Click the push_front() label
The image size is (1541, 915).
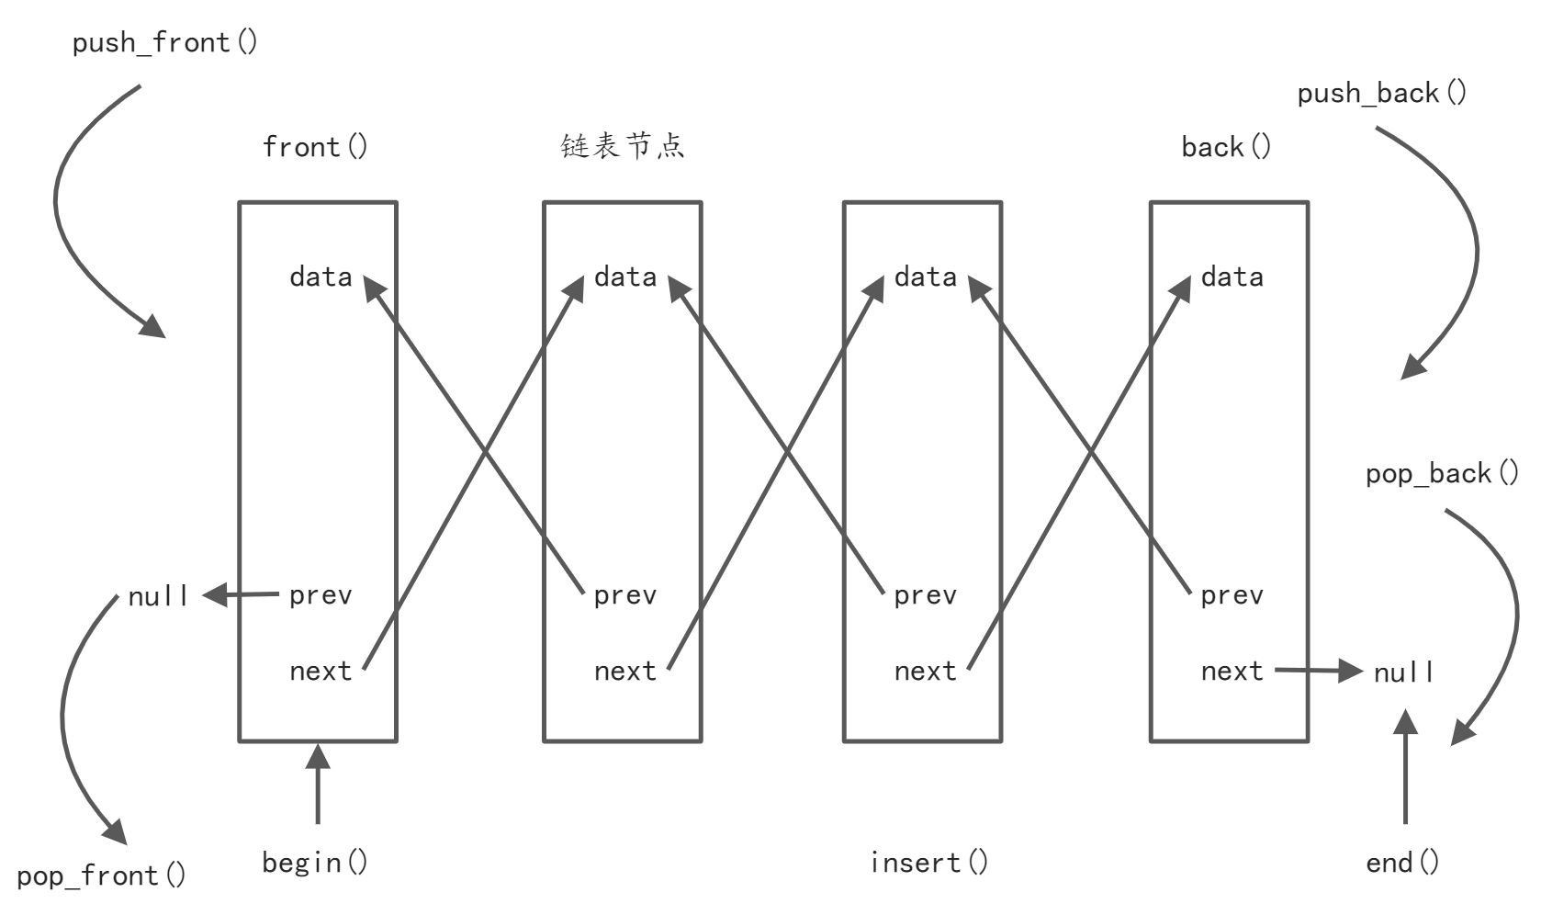[x=164, y=42]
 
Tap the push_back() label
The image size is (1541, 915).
[x=1381, y=93]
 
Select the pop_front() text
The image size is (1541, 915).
[x=101, y=875]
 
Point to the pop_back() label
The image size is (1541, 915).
[x=1441, y=473]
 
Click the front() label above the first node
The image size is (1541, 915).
[x=315, y=147]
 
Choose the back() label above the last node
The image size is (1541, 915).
[x=1226, y=147]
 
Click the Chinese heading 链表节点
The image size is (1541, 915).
[x=623, y=146]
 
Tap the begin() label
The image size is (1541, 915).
[x=314, y=862]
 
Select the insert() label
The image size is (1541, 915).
[x=928, y=862]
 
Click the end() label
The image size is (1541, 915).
[x=1402, y=862]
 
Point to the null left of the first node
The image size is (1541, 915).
[x=158, y=596]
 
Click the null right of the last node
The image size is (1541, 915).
[x=1403, y=672]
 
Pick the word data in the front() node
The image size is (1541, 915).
[x=321, y=277]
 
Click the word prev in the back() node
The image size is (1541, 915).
[x=1232, y=595]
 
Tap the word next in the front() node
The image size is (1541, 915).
[x=321, y=671]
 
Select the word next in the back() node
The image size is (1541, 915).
[x=1232, y=671]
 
